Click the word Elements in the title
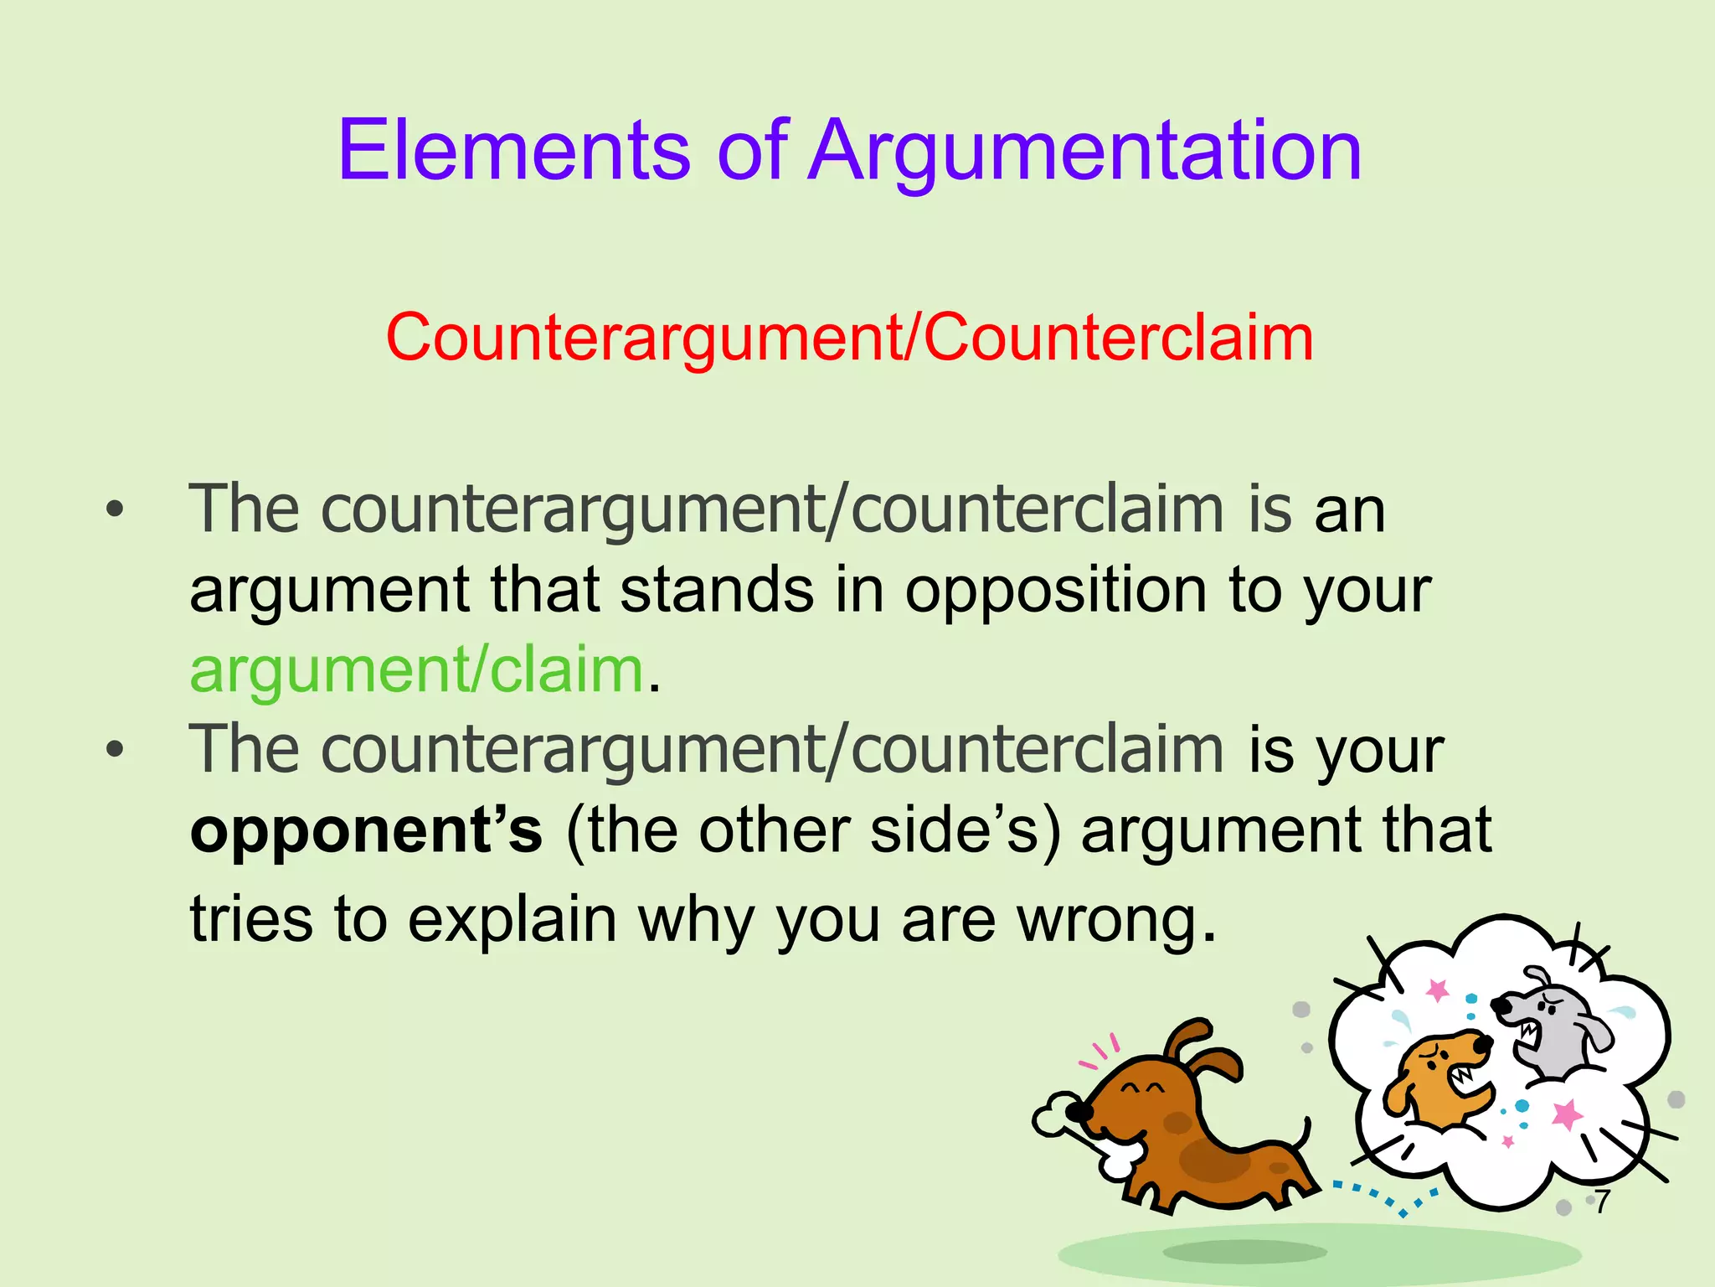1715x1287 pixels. pyautogui.click(x=513, y=151)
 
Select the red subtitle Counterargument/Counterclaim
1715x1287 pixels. pyautogui.click(x=849, y=338)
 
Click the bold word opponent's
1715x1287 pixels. pyautogui.click(x=366, y=832)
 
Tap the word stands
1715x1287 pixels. pyautogui.click(x=717, y=590)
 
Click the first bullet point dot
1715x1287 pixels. pyautogui.click(x=115, y=509)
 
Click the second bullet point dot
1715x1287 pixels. pyautogui.click(x=115, y=749)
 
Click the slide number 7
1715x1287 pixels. pyautogui.click(x=1602, y=1201)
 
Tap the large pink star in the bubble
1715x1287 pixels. pyautogui.click(x=1566, y=1115)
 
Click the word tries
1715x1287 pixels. pyautogui.click(x=250, y=920)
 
